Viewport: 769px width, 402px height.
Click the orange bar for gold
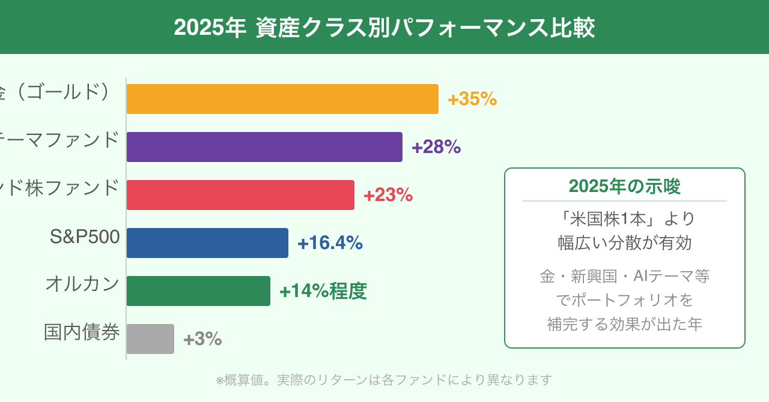coord(282,99)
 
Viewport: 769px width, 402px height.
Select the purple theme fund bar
coord(264,147)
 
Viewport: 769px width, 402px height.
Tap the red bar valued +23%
coord(240,195)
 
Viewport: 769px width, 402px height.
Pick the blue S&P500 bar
coord(207,243)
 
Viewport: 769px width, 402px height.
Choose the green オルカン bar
coord(198,291)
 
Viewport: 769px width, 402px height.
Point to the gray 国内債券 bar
coord(150,339)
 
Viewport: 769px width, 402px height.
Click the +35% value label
coord(472,99)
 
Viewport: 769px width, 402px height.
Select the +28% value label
coord(436,147)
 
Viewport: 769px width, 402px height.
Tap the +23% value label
coord(388,195)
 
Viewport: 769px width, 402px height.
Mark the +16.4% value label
coord(330,243)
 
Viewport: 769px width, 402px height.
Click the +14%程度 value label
coord(323,291)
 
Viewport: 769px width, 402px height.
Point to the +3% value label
coord(202,339)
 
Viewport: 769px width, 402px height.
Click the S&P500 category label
coord(85,237)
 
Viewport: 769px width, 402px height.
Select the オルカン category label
coord(82,284)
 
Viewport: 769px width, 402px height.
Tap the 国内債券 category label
coord(82,332)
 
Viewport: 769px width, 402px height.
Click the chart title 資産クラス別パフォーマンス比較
coord(384,28)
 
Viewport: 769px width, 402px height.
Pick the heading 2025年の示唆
coord(625,187)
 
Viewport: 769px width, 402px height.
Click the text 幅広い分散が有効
coord(625,243)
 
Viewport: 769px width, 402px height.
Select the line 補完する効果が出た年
coord(625,324)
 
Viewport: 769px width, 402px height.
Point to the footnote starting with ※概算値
coord(383,380)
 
